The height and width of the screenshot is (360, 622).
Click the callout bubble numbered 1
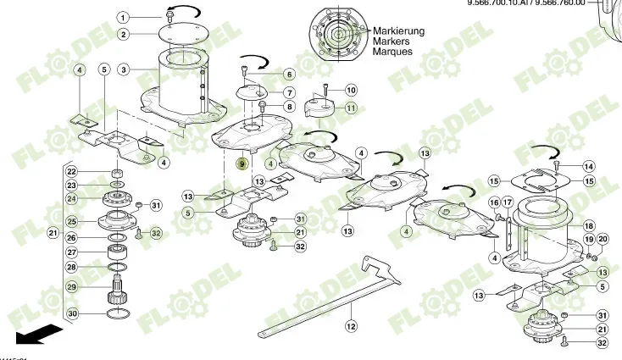coord(124,17)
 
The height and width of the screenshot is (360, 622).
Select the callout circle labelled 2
coord(124,35)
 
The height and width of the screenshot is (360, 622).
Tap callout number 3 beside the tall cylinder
coord(124,69)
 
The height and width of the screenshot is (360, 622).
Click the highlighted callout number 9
coord(242,163)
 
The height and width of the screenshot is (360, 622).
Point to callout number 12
coord(350,324)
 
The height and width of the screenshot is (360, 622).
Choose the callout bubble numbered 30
coord(73,314)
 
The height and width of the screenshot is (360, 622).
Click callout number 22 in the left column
coord(73,171)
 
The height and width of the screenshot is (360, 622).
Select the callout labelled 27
coord(73,252)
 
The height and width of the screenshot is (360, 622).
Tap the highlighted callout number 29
coord(73,286)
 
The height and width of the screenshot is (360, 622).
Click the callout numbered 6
coord(289,74)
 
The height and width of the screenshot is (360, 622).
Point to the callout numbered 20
coord(603,240)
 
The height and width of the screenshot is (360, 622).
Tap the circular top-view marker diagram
coord(337,35)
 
